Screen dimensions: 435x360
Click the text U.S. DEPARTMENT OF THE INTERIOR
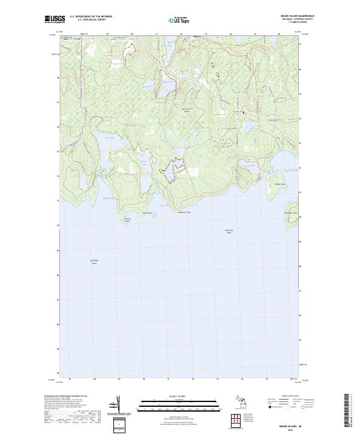click(x=91, y=17)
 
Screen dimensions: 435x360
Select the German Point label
click(x=184, y=212)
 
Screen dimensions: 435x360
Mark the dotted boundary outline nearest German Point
click(x=171, y=168)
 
